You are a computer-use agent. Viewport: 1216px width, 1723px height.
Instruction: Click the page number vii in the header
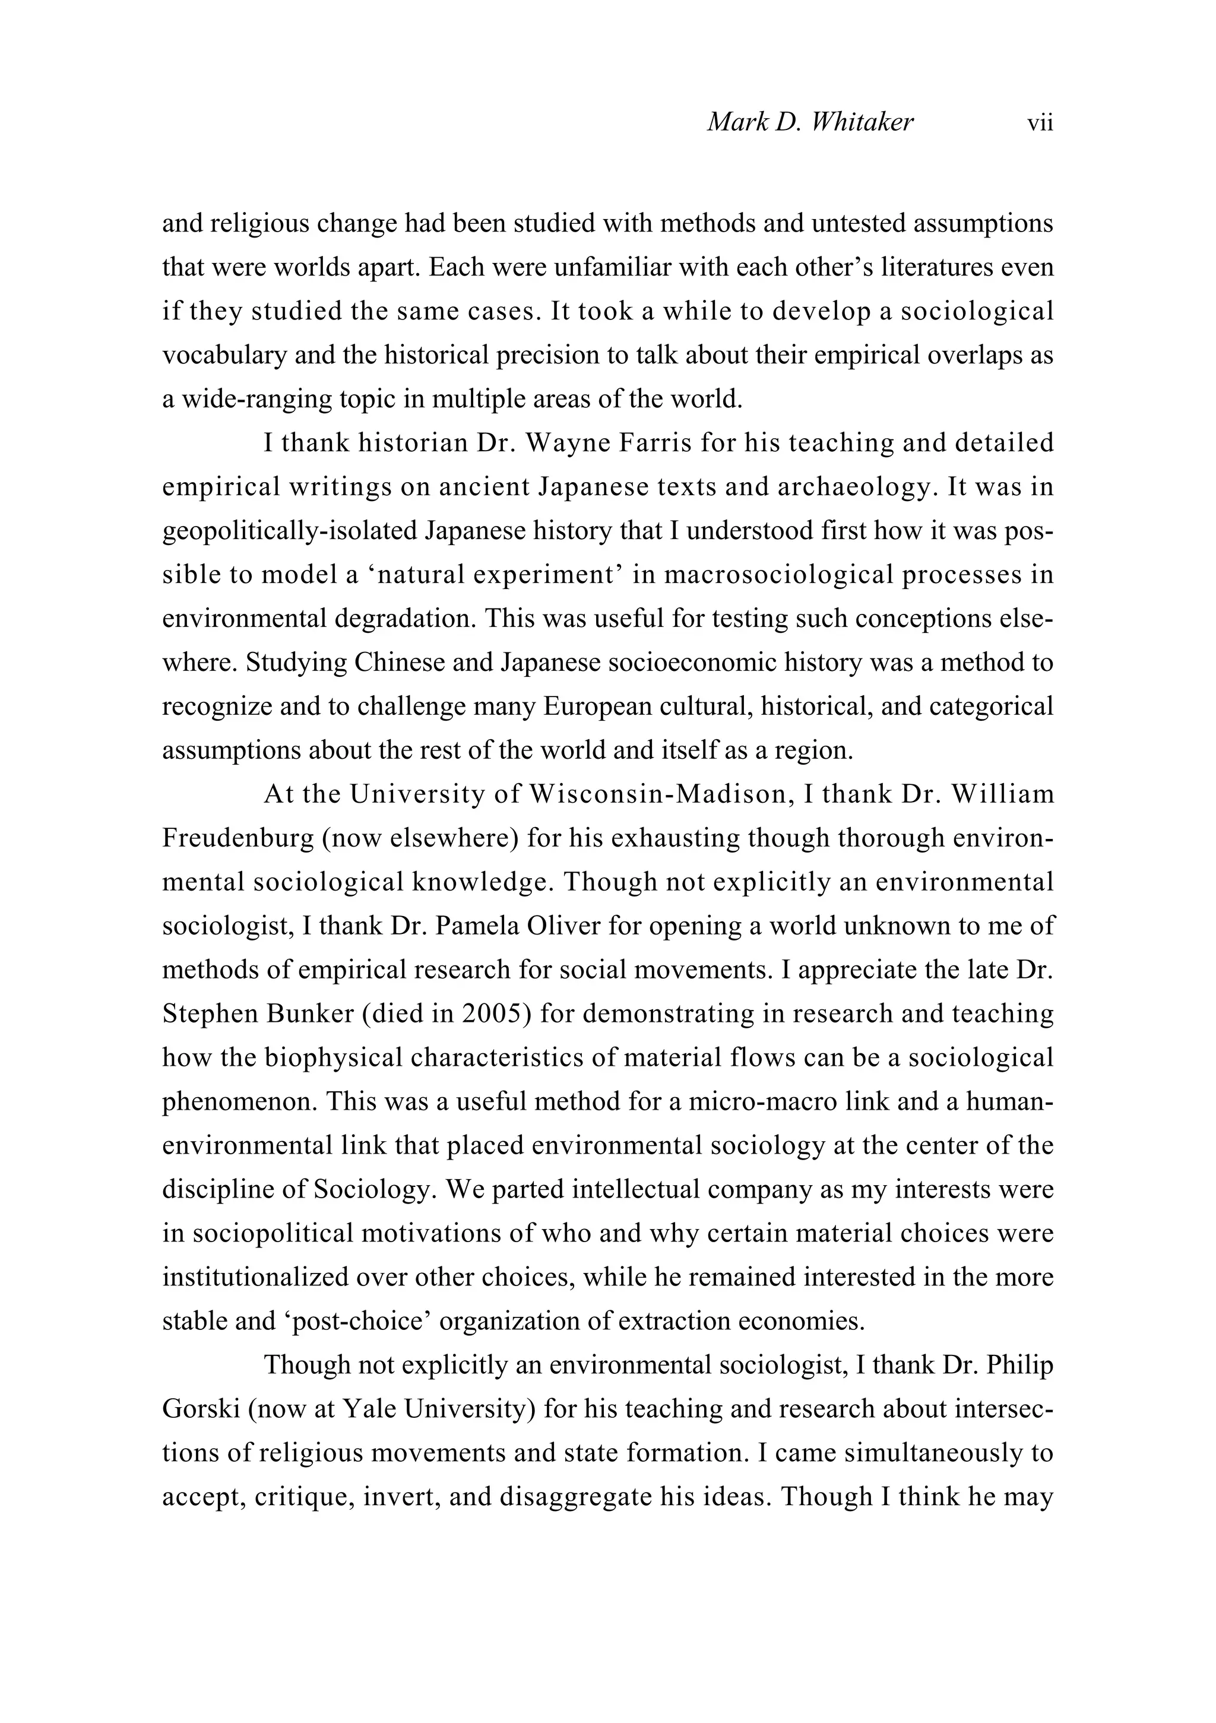pyautogui.click(x=1040, y=122)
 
